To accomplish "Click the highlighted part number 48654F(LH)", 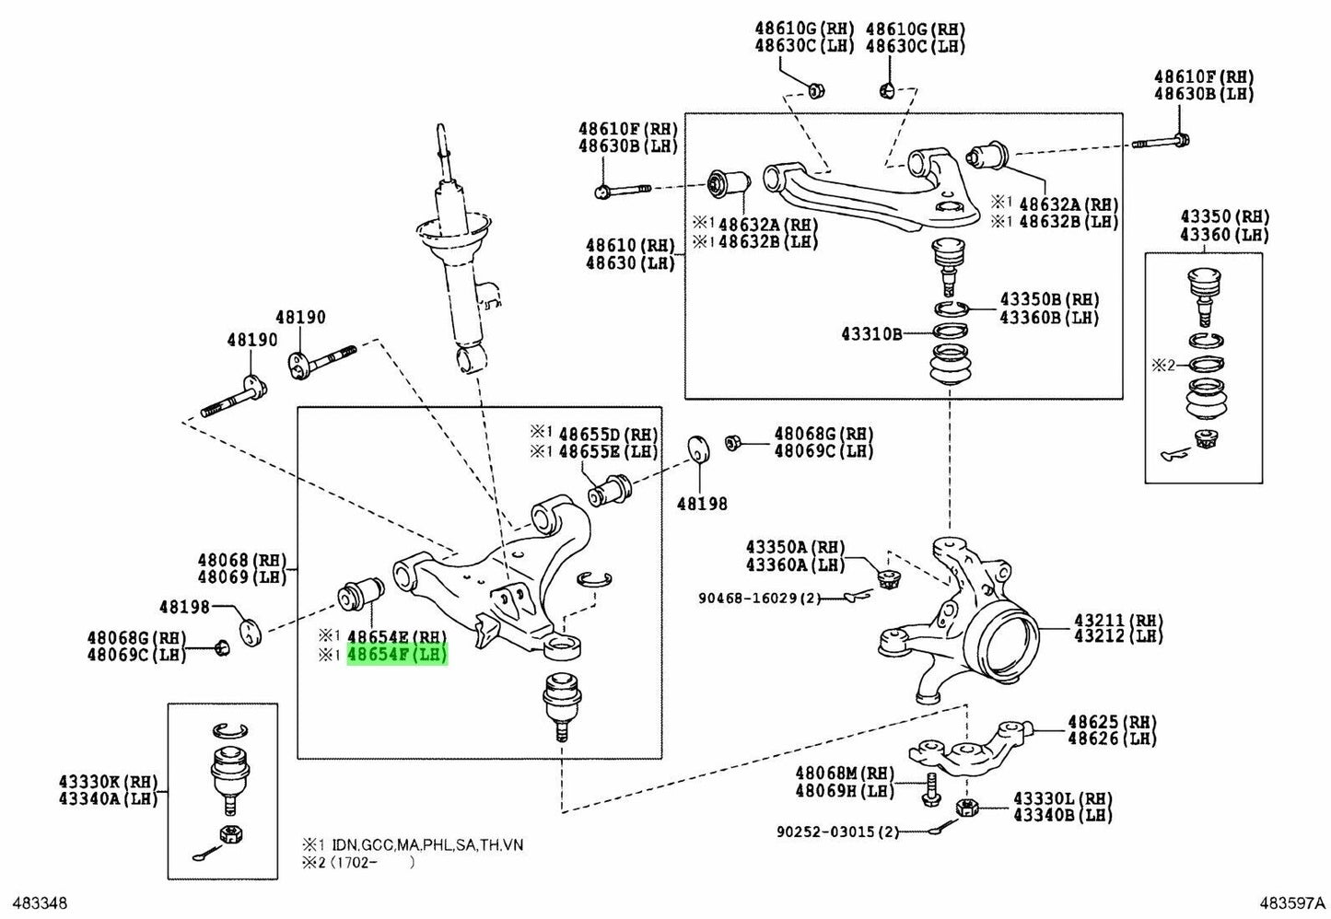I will [x=397, y=656].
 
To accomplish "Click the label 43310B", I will [x=870, y=333].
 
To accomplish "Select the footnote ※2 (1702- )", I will [x=359, y=863].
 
